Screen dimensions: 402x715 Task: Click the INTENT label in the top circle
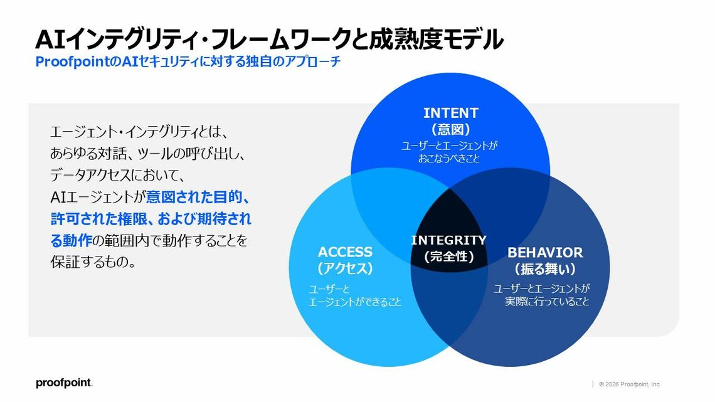(450, 113)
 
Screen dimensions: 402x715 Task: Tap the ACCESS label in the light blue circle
(345, 252)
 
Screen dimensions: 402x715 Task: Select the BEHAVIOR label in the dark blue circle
(545, 253)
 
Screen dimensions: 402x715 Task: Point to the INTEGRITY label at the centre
(448, 240)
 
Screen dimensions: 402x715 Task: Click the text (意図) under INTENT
(450, 130)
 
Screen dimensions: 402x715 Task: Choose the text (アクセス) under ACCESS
(345, 269)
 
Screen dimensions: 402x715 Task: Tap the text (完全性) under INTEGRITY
(448, 257)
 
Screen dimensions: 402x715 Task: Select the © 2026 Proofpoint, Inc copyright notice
(629, 384)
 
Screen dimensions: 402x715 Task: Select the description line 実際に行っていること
(548, 302)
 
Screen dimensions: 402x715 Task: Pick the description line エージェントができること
(355, 302)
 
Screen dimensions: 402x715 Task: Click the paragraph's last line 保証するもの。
(93, 262)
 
